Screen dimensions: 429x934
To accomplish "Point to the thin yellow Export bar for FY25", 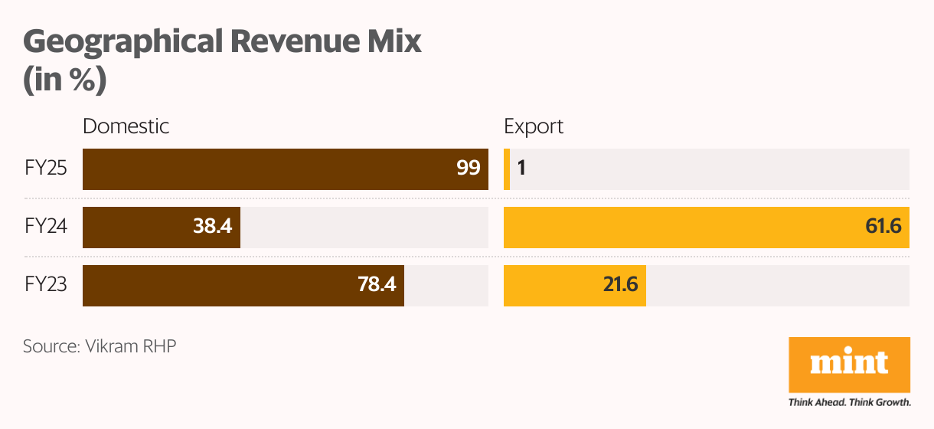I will pyautogui.click(x=507, y=169).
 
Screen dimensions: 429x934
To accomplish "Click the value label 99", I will pyautogui.click(x=468, y=169).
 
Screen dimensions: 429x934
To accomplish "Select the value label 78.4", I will pyautogui.click(x=376, y=285).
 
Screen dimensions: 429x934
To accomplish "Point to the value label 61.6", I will pyautogui.click(x=881, y=227).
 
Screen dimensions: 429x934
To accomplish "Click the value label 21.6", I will pyautogui.click(x=619, y=285).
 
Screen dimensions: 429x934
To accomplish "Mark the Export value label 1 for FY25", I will pyautogui.click(x=521, y=169).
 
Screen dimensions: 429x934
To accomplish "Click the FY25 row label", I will pyautogui.click(x=45, y=169).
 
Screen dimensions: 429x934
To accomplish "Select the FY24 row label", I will pyautogui.click(x=45, y=228).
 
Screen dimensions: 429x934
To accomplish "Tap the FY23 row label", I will pyautogui.click(x=45, y=286).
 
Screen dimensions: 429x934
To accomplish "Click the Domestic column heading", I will pyautogui.click(x=126, y=126).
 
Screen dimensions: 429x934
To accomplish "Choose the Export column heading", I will pyautogui.click(x=534, y=126).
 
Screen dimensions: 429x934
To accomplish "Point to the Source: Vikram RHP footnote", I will pyautogui.click(x=100, y=346).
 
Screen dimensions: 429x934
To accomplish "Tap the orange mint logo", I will pyautogui.click(x=849, y=365).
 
